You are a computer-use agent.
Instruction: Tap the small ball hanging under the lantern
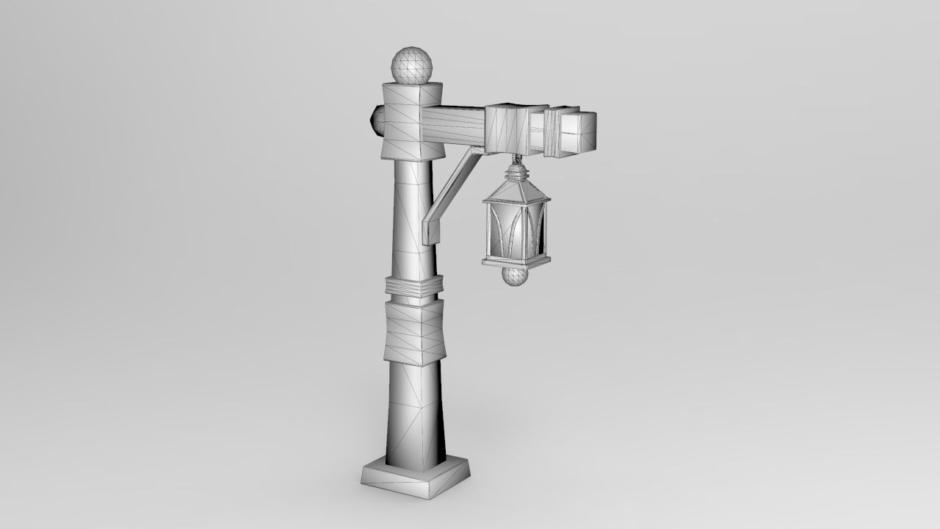click(516, 276)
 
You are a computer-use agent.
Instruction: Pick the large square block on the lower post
click(413, 333)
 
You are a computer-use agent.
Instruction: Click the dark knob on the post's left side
click(375, 120)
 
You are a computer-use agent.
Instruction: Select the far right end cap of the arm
click(579, 133)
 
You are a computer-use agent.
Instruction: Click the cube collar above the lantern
click(508, 129)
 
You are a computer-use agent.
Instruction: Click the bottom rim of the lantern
click(515, 261)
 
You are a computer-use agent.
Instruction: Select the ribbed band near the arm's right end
click(552, 132)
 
